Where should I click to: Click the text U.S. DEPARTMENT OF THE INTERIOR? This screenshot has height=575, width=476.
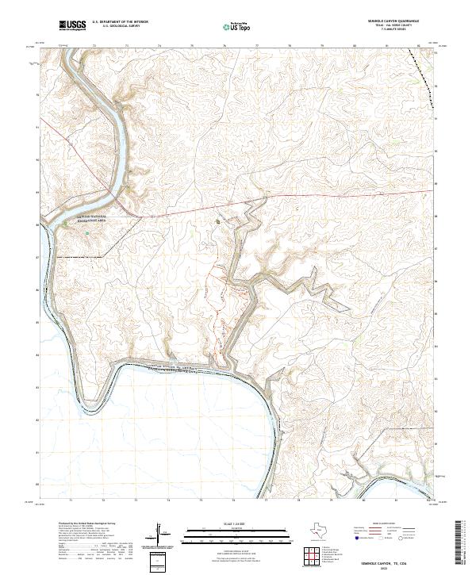[x=121, y=21]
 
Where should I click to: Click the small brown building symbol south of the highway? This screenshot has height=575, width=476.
[x=218, y=221]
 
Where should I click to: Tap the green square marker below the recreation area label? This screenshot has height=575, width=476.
[x=87, y=233]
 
